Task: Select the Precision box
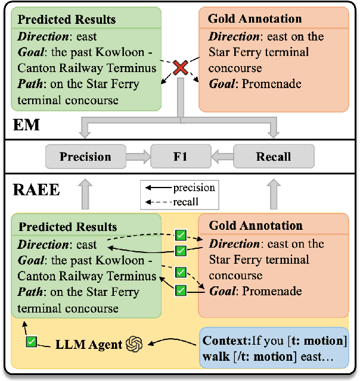click(85, 157)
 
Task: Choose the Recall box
click(274, 157)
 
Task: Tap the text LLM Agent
click(89, 343)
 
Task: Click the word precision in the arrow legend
click(194, 188)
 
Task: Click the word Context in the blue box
click(224, 341)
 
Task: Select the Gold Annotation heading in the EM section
click(255, 18)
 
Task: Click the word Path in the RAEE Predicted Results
click(30, 292)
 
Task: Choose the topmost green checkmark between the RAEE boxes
click(180, 235)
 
